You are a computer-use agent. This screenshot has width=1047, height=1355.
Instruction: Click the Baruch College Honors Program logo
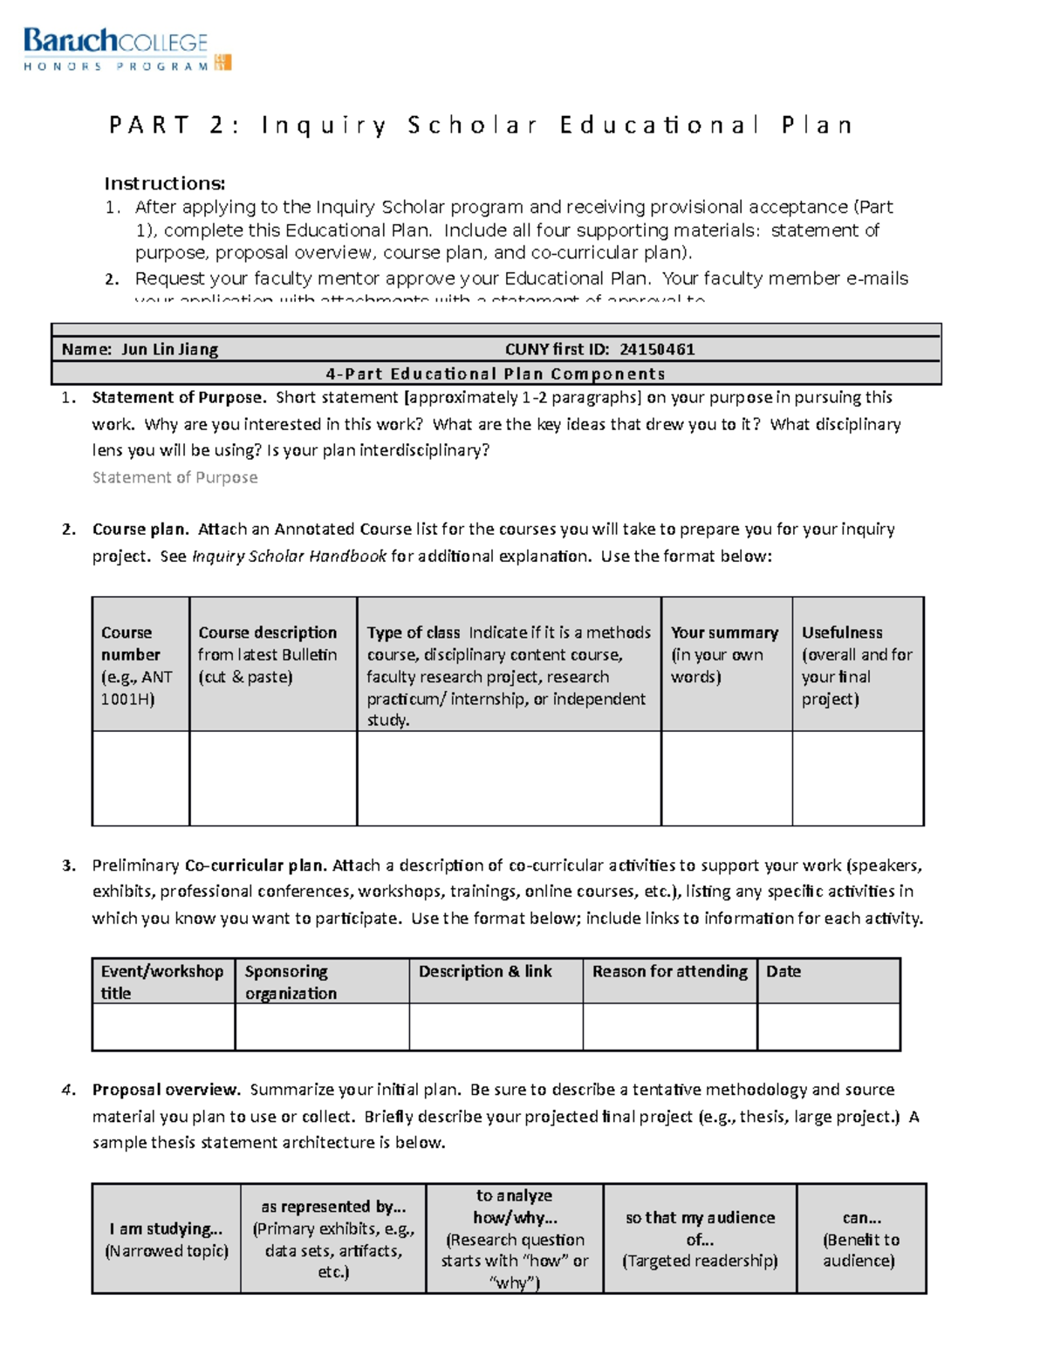click(x=127, y=49)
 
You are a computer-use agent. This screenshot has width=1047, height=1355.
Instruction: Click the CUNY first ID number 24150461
click(x=657, y=350)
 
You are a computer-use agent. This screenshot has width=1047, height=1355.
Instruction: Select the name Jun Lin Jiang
click(x=169, y=350)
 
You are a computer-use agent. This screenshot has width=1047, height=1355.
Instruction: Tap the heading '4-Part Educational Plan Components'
click(x=496, y=373)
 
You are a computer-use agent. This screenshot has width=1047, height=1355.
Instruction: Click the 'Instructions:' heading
click(x=165, y=183)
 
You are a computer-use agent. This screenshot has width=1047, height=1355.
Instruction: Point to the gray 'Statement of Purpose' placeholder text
click(x=174, y=477)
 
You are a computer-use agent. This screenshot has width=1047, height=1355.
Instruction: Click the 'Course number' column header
click(x=140, y=664)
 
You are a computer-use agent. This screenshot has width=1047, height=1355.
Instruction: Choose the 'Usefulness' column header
click(x=857, y=664)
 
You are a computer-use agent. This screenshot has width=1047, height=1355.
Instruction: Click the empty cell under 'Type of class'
click(x=509, y=777)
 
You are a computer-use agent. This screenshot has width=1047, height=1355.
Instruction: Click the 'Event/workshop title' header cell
click(x=162, y=982)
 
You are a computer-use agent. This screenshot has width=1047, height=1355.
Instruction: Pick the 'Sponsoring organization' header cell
click(x=321, y=982)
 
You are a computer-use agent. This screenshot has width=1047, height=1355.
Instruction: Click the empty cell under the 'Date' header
click(x=828, y=1026)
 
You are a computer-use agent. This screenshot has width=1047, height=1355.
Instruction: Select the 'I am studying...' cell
click(x=166, y=1238)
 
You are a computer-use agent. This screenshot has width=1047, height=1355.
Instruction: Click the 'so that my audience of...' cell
click(x=699, y=1238)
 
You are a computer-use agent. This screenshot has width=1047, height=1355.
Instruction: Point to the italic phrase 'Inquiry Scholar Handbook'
click(x=289, y=557)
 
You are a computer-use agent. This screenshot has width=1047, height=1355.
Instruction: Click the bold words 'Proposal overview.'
click(x=166, y=1090)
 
